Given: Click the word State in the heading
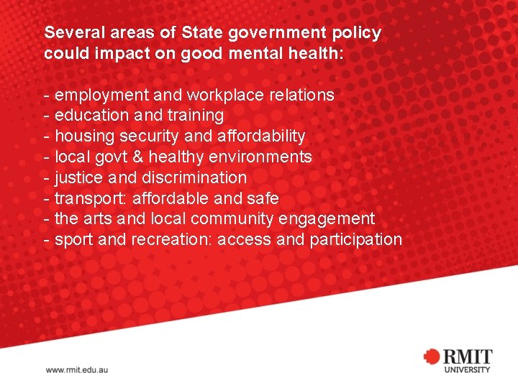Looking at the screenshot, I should (203, 33).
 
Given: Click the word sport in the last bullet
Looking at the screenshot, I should (74, 239).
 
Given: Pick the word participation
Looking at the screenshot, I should (356, 239).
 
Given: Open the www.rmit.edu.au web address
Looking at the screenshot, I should (77, 370).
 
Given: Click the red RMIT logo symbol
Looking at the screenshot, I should (432, 357).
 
